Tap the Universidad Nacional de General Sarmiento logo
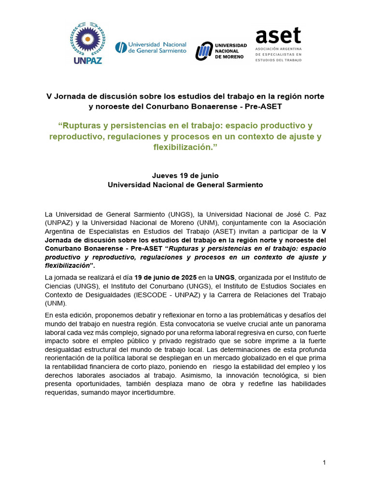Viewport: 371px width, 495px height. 150,47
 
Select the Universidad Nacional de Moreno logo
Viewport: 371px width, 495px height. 221,50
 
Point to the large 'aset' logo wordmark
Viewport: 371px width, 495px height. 278,36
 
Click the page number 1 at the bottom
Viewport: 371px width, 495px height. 325,463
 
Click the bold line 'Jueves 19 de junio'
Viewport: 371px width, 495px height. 185,175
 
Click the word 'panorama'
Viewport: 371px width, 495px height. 308,323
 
